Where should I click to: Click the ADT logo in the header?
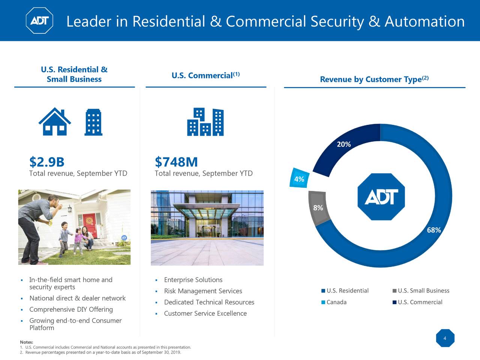(x=39, y=21)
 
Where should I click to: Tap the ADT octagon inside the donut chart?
(x=381, y=196)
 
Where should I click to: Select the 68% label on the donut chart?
(x=434, y=230)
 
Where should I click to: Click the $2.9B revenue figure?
(x=47, y=162)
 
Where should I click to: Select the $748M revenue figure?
(x=176, y=162)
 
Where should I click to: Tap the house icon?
(x=55, y=121)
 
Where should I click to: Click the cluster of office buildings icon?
(x=205, y=122)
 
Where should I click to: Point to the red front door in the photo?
(x=90, y=225)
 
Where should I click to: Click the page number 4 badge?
(x=445, y=338)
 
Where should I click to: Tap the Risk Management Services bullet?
(x=203, y=291)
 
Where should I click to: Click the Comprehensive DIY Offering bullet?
(x=71, y=309)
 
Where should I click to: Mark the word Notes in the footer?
(x=26, y=342)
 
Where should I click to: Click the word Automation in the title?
(x=424, y=22)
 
